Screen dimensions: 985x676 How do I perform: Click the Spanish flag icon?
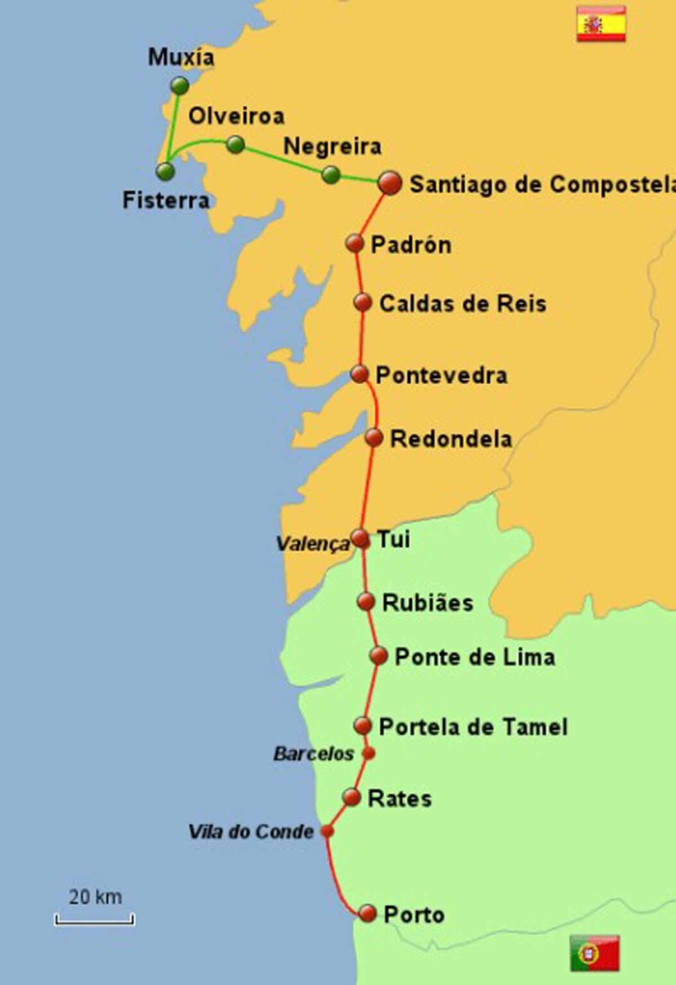coord(601,24)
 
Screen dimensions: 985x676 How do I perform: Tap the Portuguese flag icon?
coord(595,953)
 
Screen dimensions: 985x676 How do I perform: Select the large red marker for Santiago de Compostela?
coord(389,183)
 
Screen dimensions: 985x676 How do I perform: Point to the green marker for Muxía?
coord(180,85)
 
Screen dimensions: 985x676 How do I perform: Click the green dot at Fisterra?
coord(165,171)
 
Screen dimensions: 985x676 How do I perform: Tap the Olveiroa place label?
coord(236,116)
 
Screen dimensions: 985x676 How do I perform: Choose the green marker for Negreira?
coord(330,174)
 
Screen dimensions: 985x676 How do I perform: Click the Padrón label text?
coord(411,244)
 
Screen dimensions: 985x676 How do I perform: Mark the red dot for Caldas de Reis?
coord(362,302)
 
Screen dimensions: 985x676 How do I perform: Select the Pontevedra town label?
coord(441,375)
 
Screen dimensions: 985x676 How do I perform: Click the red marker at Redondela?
coord(374,438)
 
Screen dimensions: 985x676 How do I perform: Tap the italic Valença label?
coord(312,544)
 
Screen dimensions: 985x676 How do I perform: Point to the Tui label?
coord(393,539)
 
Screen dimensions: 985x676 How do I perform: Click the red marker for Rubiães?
coord(366,602)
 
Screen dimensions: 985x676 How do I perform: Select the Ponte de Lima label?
coord(475,657)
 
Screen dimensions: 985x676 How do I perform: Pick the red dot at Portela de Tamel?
coord(363,726)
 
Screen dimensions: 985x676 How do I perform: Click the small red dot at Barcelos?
coord(368,753)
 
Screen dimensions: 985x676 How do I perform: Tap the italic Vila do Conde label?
coord(251,832)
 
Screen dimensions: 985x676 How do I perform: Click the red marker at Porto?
coord(368,913)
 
